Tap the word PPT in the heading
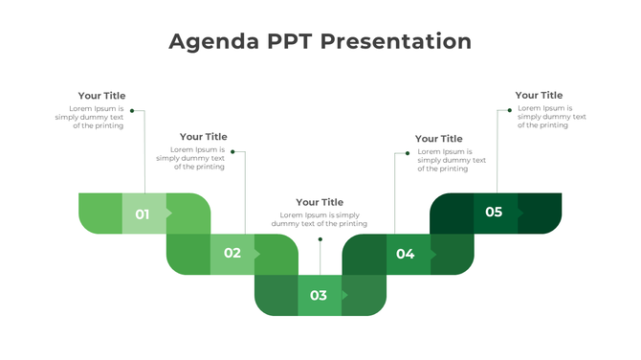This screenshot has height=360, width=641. tap(287, 42)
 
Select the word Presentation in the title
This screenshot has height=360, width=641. tap(396, 42)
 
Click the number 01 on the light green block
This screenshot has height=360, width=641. tap(143, 214)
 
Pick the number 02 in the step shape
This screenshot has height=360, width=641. tap(232, 254)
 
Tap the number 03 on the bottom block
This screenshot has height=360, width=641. tap(319, 296)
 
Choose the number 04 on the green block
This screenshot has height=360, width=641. tap(406, 254)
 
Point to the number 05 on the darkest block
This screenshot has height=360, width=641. tap(494, 212)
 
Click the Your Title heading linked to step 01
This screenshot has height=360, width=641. tap(101, 96)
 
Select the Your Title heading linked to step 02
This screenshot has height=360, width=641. tap(203, 137)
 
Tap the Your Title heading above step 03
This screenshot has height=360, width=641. tap(320, 202)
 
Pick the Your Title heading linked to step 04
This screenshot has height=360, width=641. tap(438, 139)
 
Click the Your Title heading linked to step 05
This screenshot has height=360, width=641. tap(539, 95)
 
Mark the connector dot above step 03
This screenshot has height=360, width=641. tap(320, 239)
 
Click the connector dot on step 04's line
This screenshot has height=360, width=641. tap(408, 153)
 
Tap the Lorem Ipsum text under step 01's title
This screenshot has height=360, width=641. tap(89, 117)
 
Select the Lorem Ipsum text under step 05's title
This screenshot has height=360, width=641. tap(544, 117)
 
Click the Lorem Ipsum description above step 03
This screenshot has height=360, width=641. tap(319, 219)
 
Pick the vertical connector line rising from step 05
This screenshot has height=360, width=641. tap(497, 153)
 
